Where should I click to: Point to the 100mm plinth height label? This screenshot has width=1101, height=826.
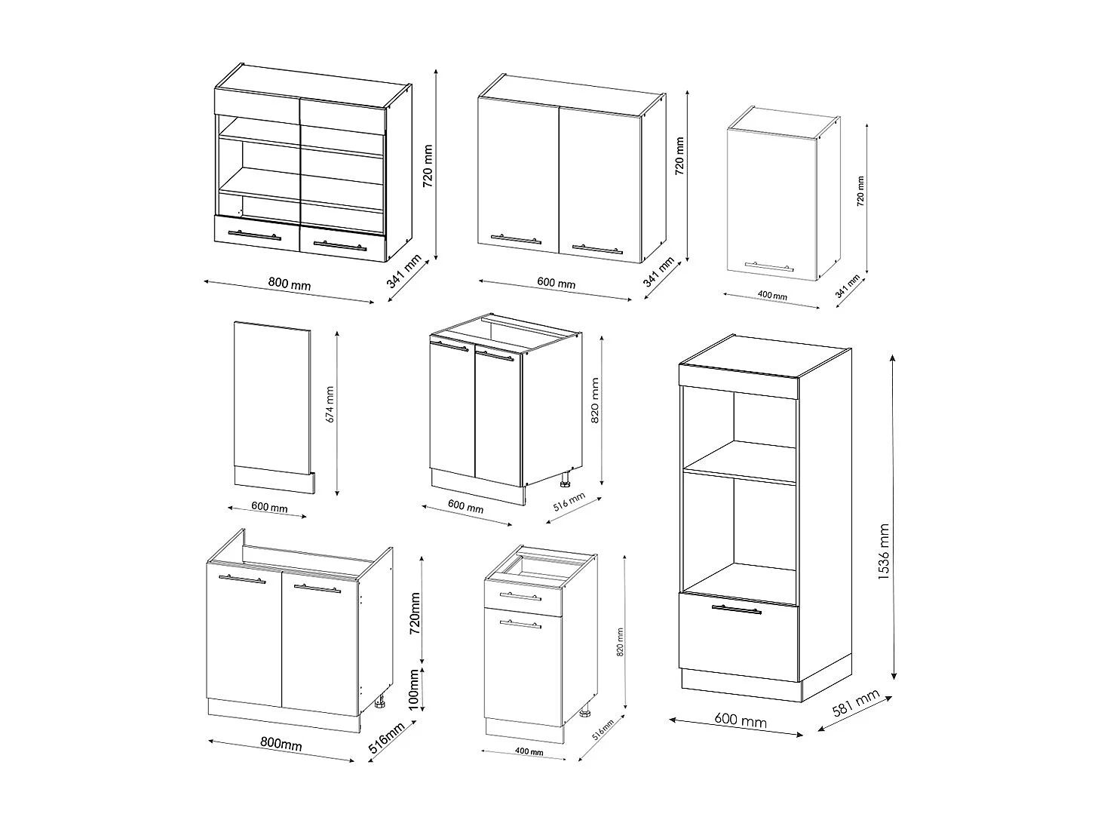[x=414, y=688]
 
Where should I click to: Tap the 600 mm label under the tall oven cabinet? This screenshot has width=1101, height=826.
[x=740, y=721]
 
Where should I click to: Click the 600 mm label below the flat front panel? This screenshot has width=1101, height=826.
[x=268, y=508]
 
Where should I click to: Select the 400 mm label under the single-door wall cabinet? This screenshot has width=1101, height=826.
[x=771, y=296]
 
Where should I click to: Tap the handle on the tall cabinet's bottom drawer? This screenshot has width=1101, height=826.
[x=736, y=610]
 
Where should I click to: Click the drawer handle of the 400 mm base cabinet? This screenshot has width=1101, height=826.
[x=520, y=597]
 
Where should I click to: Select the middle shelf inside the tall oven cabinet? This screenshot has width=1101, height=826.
[x=739, y=462]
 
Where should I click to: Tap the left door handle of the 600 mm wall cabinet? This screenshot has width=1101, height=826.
[x=516, y=239]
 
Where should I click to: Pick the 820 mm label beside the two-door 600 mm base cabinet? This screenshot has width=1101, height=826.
[x=596, y=412]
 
